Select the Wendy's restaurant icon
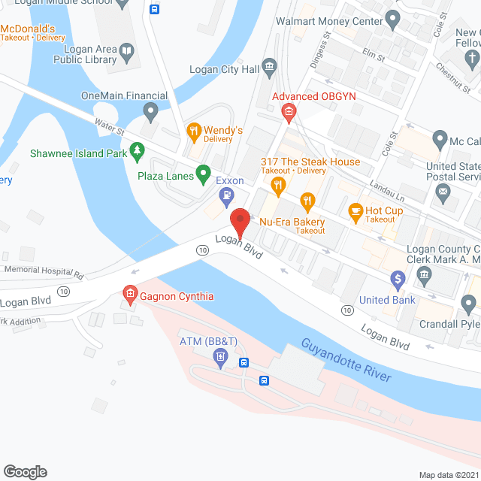(x=193, y=132)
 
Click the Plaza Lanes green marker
(x=202, y=174)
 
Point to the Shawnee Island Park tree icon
(x=137, y=153)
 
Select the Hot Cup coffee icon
(x=355, y=212)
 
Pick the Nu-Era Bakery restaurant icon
(x=306, y=201)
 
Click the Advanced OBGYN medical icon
(x=288, y=113)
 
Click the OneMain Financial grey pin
(x=150, y=113)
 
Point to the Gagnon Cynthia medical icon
(x=129, y=292)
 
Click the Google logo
(x=25, y=470)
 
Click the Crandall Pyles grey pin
(x=468, y=303)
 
